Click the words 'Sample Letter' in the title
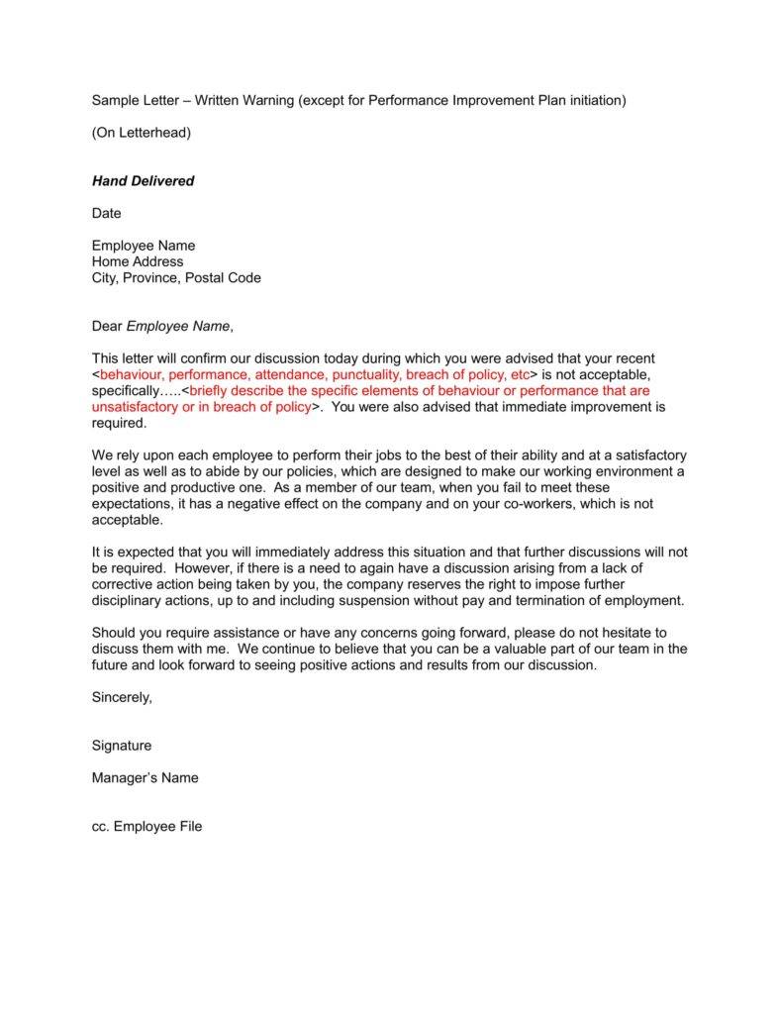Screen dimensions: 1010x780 click(137, 100)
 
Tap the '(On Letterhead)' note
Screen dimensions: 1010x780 click(142, 133)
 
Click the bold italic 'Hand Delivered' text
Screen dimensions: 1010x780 click(143, 181)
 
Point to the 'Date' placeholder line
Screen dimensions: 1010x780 click(106, 213)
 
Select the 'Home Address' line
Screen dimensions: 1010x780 click(138, 261)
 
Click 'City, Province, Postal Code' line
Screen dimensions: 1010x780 click(176, 278)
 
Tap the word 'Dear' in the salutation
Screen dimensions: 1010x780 click(107, 326)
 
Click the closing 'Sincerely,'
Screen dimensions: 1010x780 click(122, 696)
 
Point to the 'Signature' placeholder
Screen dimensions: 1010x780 click(122, 745)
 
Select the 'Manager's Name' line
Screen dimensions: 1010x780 click(145, 777)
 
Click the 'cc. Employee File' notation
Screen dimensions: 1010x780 click(146, 826)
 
